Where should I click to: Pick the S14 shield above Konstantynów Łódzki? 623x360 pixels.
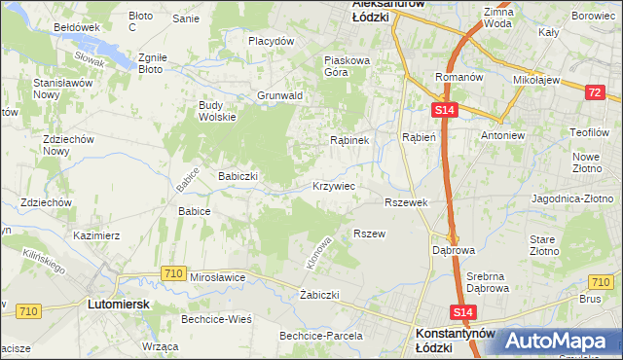tap(463, 311)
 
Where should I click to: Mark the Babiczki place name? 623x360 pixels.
tap(238, 176)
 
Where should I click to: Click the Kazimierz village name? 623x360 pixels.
tap(96, 235)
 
